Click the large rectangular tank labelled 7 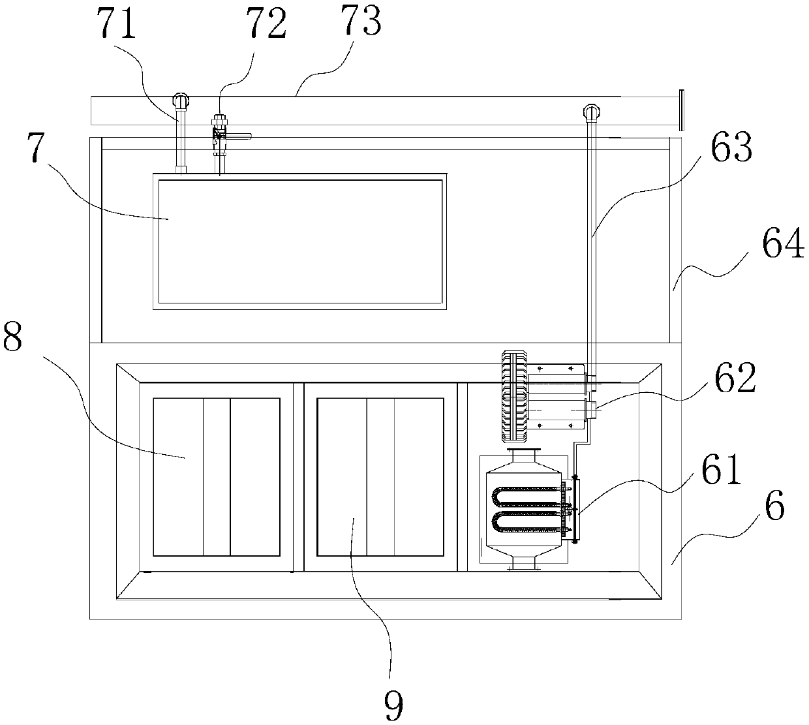tap(300, 241)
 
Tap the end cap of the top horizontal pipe tap(679, 110)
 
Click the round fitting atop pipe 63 tap(591, 112)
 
